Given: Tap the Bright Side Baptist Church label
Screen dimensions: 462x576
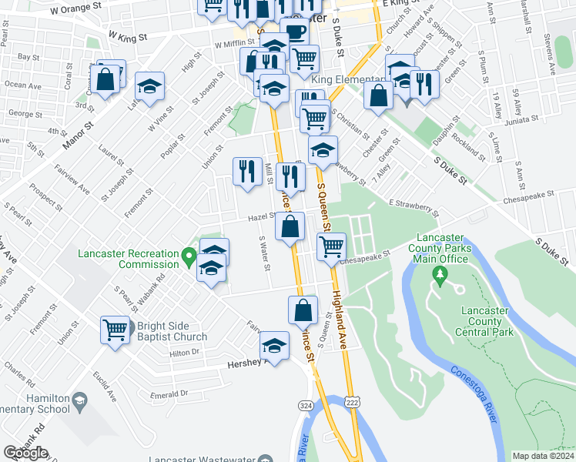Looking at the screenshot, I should [172, 331].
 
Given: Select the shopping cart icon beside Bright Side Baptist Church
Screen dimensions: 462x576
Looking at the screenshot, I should [115, 330].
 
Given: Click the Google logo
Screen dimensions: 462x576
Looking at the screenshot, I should [25, 453].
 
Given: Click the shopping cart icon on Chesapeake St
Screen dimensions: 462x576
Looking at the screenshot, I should [331, 246].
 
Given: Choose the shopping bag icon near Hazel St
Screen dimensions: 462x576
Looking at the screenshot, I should [290, 227].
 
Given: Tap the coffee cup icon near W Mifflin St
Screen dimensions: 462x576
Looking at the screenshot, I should [294, 32].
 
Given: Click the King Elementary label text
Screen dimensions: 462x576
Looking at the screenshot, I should [348, 80].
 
